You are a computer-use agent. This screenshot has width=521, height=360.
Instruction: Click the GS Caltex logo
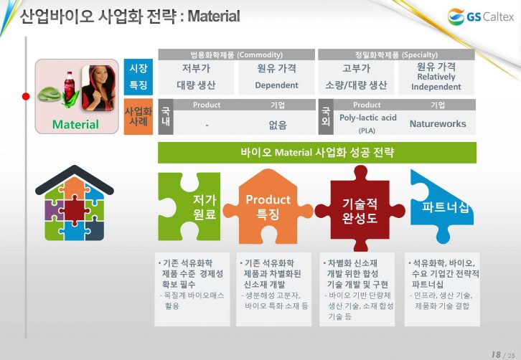(481, 16)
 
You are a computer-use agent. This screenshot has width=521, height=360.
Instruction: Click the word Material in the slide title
(214, 16)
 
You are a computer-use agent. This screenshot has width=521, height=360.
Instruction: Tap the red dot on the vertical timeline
(26, 96)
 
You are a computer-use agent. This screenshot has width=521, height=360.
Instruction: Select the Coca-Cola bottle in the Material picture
(69, 86)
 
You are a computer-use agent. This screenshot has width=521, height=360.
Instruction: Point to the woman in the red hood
(98, 88)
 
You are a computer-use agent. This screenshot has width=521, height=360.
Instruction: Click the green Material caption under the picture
(75, 124)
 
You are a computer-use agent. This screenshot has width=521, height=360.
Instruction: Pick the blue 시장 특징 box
(139, 77)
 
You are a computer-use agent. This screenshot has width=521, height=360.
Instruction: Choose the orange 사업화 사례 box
(139, 117)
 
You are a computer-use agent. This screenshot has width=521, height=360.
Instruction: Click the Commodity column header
(236, 55)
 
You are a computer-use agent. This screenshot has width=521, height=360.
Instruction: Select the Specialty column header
(396, 55)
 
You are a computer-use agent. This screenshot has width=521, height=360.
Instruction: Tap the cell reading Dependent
(276, 85)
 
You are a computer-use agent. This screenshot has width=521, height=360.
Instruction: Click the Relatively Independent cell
(436, 82)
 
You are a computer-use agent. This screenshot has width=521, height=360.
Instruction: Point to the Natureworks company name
(438, 123)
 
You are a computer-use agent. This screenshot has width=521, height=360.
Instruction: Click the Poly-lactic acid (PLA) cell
(368, 123)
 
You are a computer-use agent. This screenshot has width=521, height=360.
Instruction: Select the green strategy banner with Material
(317, 153)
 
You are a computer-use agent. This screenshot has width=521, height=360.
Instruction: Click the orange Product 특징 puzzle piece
(268, 207)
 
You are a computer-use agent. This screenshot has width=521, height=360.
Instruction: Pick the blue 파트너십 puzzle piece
(442, 206)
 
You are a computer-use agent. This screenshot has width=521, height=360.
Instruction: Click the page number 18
(496, 354)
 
